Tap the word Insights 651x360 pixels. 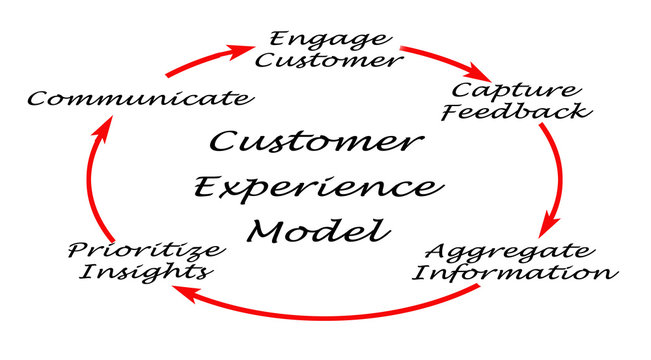click(147, 271)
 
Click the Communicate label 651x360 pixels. click(137, 98)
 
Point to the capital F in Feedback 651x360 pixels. click(447, 110)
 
